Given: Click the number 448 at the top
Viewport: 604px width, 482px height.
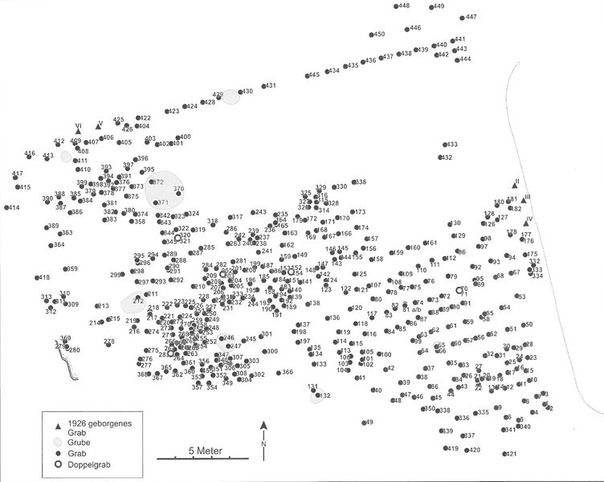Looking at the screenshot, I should click(x=404, y=6).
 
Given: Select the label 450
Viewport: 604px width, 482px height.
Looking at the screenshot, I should click(x=379, y=35).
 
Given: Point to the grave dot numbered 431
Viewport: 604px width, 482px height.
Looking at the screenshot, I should click(x=261, y=87).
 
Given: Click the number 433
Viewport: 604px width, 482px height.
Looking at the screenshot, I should click(x=451, y=145).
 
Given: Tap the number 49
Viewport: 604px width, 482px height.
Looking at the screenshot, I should click(x=369, y=422).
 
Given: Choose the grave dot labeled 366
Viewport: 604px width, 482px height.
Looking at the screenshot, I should click(x=276, y=373).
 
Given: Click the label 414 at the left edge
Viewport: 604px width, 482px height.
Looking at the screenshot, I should click(x=13, y=207).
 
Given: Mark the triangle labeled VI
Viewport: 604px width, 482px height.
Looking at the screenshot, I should click(x=78, y=131).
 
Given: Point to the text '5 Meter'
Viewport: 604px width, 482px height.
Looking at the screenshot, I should click(x=207, y=451).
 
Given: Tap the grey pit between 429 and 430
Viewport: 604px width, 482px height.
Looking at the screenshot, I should click(x=231, y=96).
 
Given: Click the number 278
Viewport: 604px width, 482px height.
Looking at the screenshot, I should click(x=109, y=341).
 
